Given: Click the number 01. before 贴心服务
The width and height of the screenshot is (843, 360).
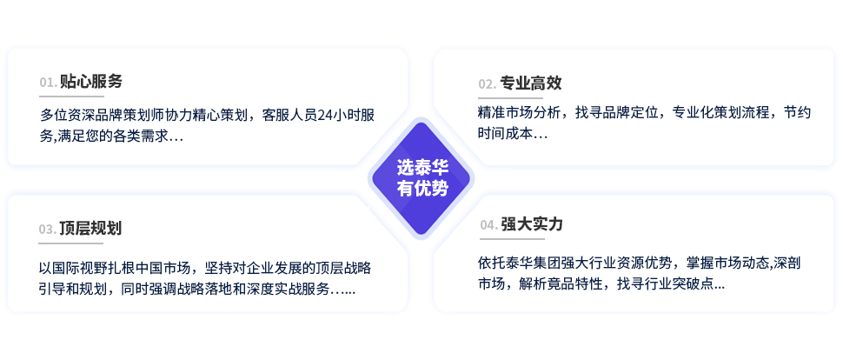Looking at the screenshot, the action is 49,83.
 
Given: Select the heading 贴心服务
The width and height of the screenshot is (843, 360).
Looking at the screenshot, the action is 91,81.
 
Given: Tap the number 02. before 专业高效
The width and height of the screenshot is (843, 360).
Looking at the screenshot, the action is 488,84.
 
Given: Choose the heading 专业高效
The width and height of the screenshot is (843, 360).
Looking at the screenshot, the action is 531,83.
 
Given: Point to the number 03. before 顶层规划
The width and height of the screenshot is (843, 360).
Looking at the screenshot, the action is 47,230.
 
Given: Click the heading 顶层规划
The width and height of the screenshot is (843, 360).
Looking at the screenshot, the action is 90,228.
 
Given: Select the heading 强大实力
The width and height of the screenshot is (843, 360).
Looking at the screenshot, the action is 532,223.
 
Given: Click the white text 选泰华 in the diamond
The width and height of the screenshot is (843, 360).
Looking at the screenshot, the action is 422,167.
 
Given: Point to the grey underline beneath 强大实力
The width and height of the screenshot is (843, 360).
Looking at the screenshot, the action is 513,238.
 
